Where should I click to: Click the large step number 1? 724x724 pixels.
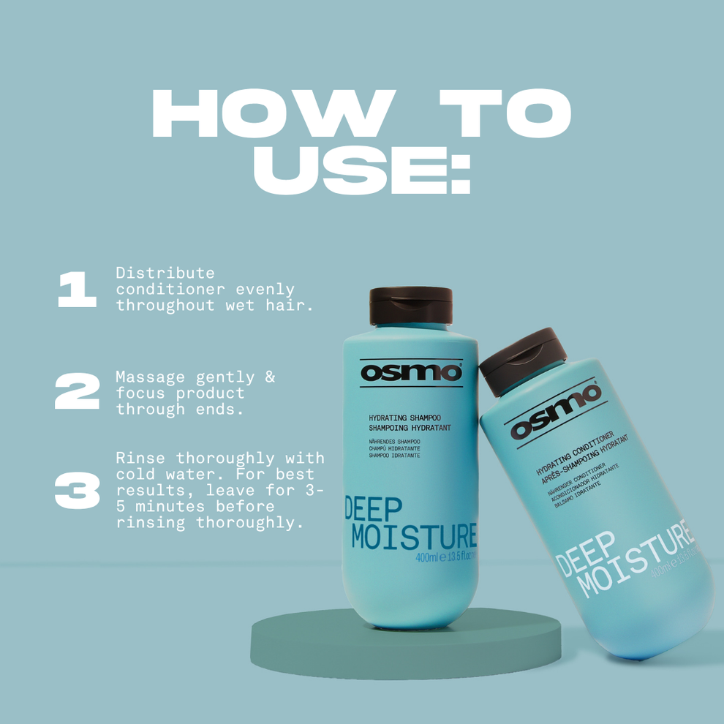coord(77,290)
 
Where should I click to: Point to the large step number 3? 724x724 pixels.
coord(77,491)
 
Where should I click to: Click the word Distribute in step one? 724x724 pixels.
coord(165,273)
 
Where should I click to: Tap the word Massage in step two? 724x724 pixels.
coord(150,377)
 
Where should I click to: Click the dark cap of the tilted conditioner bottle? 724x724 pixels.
coord(524,350)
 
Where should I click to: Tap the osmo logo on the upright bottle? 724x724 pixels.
coord(411,372)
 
